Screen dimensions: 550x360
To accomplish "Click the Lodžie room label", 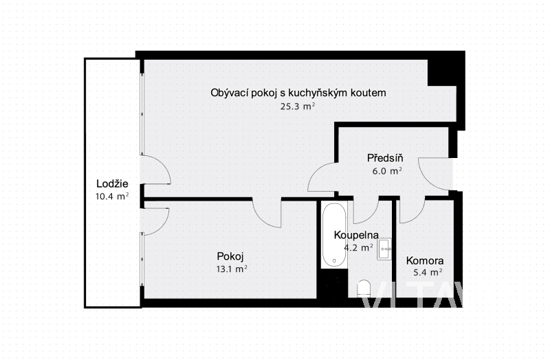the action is coord(112,183).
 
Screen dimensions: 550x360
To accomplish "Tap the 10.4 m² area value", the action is coord(112,196).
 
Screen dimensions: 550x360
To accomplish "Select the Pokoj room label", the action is coord(230,256).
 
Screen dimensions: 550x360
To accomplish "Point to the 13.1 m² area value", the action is coord(232,269).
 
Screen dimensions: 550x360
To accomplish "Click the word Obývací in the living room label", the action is coord(230,93).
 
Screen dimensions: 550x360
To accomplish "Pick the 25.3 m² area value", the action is coord(298,106).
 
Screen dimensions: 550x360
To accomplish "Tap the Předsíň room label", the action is coord(385,158).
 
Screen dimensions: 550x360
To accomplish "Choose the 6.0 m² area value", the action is coord(387,171).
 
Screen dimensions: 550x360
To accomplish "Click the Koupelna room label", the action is coord(356,235).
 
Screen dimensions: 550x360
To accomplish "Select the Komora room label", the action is coord(425,260).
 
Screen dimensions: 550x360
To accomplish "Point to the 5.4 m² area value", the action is coord(428,272).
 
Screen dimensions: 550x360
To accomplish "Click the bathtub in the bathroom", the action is coord(334,235).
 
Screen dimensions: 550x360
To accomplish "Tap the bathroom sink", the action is coord(384,249).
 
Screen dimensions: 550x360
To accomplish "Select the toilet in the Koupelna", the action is coord(364,289).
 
